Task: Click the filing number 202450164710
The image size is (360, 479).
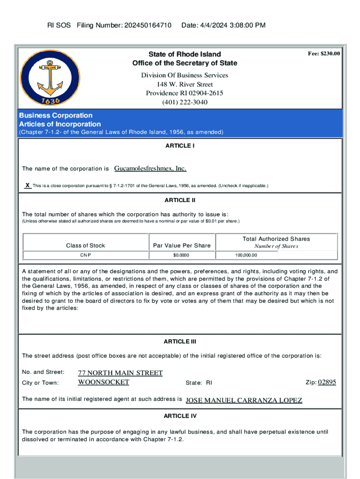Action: click(147, 25)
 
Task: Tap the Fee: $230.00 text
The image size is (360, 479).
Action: click(324, 54)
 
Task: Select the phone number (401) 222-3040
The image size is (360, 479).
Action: click(185, 102)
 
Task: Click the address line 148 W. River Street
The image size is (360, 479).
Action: click(185, 84)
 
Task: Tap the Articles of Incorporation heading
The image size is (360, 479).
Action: click(60, 124)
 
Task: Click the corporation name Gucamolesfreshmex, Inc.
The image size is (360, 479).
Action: click(150, 168)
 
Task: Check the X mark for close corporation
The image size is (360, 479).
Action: click(28, 186)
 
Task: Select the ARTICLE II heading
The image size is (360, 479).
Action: click(180, 200)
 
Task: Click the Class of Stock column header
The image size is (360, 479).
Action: click(86, 246)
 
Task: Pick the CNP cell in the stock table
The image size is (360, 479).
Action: click(86, 255)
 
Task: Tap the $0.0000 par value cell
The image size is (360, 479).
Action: click(181, 255)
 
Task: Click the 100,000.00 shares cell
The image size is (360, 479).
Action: click(246, 255)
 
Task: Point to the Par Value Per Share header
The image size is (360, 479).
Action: click(182, 246)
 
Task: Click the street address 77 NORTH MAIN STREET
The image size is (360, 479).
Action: click(120, 373)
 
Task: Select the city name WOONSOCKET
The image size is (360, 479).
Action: click(103, 382)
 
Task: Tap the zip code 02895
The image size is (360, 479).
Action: click(327, 382)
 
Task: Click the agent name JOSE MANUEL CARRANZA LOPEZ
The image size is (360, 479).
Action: click(244, 400)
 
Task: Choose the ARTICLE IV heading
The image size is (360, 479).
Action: click(180, 416)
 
